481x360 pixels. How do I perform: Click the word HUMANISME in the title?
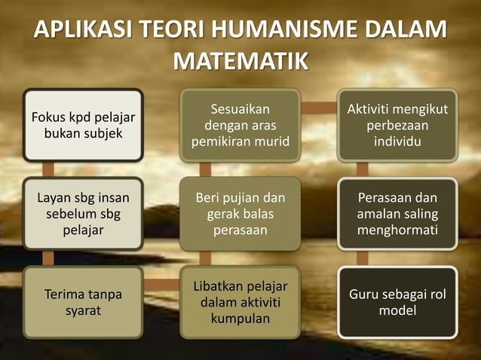click(x=288, y=32)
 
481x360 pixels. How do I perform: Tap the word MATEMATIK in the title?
click(x=240, y=60)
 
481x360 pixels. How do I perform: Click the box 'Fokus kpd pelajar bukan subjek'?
click(x=83, y=125)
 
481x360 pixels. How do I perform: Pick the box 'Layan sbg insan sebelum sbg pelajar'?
click(x=83, y=214)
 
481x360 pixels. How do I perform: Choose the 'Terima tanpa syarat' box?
click(x=83, y=302)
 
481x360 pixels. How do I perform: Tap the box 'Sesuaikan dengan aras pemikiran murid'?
click(x=240, y=125)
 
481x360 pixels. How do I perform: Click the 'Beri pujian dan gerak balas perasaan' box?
click(x=240, y=214)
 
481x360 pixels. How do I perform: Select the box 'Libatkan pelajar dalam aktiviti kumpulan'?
click(x=240, y=302)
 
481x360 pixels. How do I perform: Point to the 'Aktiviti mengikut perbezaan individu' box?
click(x=397, y=125)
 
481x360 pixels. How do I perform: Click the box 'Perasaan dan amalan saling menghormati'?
click(x=397, y=214)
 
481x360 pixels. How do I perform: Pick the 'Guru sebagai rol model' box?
click(x=397, y=302)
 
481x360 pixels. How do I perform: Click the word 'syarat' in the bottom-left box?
click(x=83, y=310)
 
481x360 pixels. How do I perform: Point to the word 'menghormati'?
click(x=397, y=230)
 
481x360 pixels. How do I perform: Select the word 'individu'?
click(x=397, y=141)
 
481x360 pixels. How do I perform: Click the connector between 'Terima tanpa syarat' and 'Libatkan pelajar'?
click(x=161, y=285)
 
